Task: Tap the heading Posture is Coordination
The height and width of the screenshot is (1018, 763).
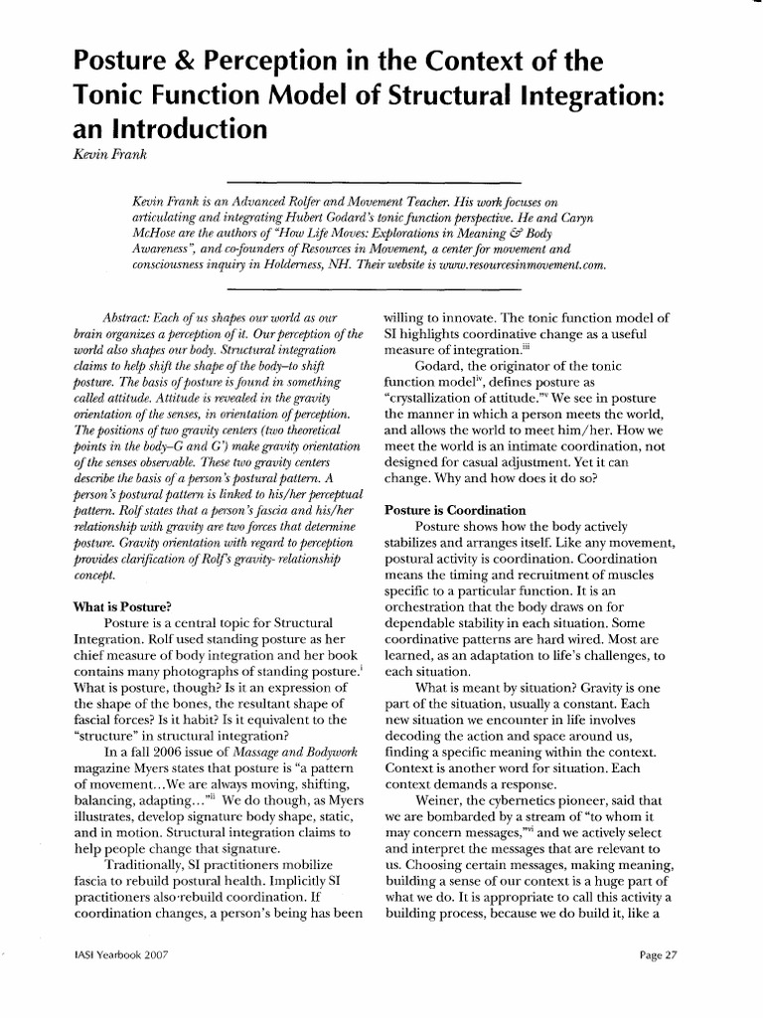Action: (455, 511)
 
